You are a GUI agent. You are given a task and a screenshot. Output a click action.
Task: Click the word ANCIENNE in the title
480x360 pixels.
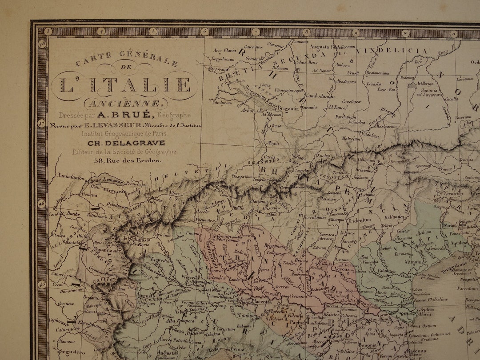[x=124, y=104]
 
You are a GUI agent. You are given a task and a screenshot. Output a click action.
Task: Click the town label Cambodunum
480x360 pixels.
[x=319, y=96]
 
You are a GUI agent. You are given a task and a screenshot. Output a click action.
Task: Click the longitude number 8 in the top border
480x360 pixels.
[x=306, y=32]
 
